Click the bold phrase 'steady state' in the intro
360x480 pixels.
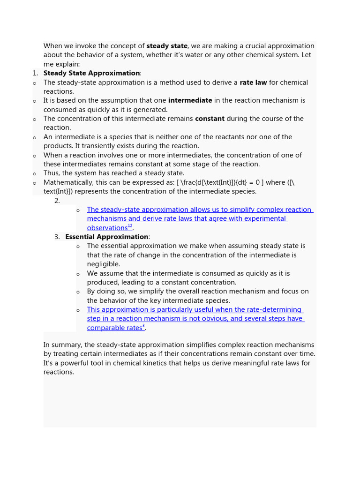click(167, 46)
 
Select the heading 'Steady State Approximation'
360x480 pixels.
click(91, 73)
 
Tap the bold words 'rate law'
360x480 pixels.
click(253, 82)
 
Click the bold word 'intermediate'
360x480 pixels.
click(190, 100)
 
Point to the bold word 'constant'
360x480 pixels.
click(210, 119)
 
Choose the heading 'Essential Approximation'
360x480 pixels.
click(106, 237)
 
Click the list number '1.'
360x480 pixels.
click(35, 73)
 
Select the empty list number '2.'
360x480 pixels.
click(57, 201)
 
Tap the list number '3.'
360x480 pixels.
click(57, 237)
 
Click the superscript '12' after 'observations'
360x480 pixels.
click(130, 226)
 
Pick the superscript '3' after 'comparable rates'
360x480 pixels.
click(143, 326)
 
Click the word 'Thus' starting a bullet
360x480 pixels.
click(52, 173)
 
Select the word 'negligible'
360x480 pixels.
click(103, 264)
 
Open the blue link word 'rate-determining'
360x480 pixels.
click(275, 310)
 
